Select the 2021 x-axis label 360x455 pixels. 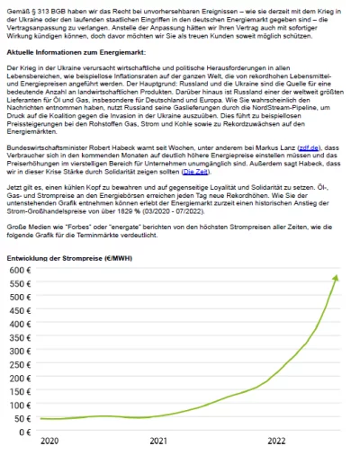coord(157,442)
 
